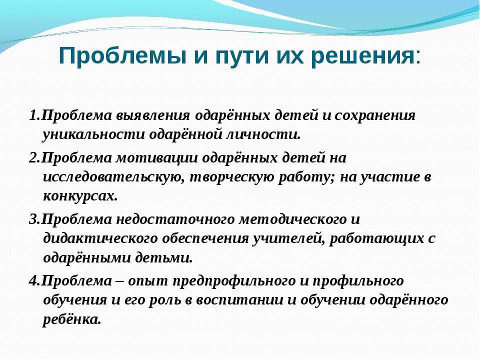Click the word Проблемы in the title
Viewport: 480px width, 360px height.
pos(122,55)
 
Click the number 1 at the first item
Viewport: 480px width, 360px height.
pos(33,115)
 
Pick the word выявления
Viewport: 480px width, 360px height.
pos(152,116)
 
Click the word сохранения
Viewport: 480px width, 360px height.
pos(374,116)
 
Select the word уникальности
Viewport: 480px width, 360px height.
pos(93,135)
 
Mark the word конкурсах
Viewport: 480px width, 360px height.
pos(80,196)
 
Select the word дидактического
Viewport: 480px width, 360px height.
pos(100,239)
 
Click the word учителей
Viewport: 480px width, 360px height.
pos(288,239)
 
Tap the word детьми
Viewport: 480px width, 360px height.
pos(164,258)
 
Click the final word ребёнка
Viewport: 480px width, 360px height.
pos(71,320)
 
